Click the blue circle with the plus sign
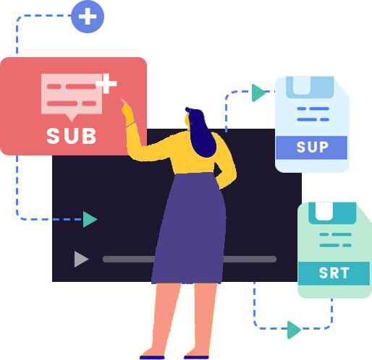pyautogui.click(x=88, y=17)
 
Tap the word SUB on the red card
pyautogui.click(x=72, y=136)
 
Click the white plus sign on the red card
pyautogui.click(x=106, y=83)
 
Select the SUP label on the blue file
pyautogui.click(x=313, y=147)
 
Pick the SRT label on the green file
pyautogui.click(x=334, y=273)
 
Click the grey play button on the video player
pyautogui.click(x=82, y=259)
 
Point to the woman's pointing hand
pyautogui.click(x=127, y=112)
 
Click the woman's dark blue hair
pyautogui.click(x=201, y=132)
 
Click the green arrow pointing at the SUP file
pyautogui.click(x=258, y=93)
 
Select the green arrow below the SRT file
pyautogui.click(x=294, y=330)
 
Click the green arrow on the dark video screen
pyautogui.click(x=90, y=219)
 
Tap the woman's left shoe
pyautogui.click(x=152, y=357)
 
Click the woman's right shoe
pyautogui.click(x=196, y=357)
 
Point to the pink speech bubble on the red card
pyautogui.click(x=72, y=96)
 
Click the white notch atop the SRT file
pyautogui.click(x=324, y=211)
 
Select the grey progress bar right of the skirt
pyautogui.click(x=250, y=259)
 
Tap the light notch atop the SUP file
pyautogui.click(x=302, y=85)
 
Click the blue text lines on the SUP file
pyautogui.click(x=313, y=114)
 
